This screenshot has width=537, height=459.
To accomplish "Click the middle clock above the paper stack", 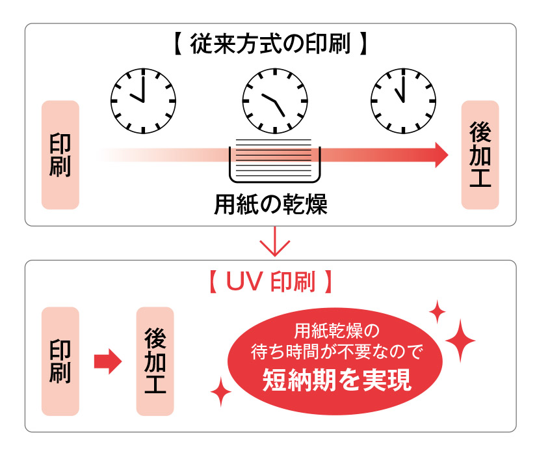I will click(275, 101).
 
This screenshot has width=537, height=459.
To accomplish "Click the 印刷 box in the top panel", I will click(60, 155).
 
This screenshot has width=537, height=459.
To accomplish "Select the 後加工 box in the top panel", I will click(480, 155).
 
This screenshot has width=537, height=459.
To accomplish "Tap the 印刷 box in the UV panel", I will click(60, 361).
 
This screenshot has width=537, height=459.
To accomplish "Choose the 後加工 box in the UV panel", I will click(155, 361).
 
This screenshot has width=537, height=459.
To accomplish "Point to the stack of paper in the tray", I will click(274, 156).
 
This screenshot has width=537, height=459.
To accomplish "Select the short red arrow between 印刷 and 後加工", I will click(107, 361).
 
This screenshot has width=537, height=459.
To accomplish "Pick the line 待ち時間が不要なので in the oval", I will click(337, 353).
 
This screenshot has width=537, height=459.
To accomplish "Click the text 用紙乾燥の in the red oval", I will click(336, 328).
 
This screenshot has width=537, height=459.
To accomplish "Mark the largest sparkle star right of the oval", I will click(461, 341).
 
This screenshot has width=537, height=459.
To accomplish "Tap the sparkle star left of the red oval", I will click(221, 393).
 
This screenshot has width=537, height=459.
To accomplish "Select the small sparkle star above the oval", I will click(438, 312).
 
